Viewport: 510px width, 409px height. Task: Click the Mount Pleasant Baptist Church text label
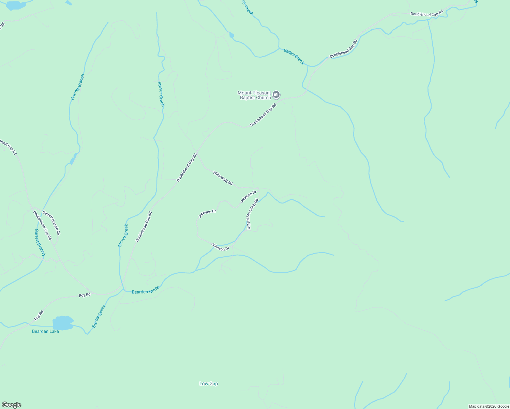pos(254,95)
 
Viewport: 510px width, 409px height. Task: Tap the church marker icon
pos(276,94)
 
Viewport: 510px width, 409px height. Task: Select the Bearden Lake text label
pos(45,331)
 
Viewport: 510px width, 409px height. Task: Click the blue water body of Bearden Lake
pos(62,323)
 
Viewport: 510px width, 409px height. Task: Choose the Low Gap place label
pos(209,384)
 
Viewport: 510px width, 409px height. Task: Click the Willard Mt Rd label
pos(223,178)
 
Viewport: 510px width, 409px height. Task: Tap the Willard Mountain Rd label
pos(253,214)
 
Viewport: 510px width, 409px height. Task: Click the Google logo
pos(12,405)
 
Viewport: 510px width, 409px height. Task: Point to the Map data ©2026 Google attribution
pos(489,406)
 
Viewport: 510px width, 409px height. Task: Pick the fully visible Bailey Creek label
pos(294,56)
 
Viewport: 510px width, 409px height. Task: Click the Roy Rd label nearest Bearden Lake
pos(39,315)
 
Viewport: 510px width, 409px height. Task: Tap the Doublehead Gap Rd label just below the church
pos(263,115)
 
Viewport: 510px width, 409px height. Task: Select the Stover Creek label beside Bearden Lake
pos(99,317)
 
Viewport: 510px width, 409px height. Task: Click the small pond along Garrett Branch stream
pos(73,160)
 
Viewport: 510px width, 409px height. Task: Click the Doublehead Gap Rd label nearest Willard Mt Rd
pos(187,167)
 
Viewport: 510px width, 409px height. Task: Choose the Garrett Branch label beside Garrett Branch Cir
pos(40,242)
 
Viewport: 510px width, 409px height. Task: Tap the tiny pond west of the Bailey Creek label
pos(232,35)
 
